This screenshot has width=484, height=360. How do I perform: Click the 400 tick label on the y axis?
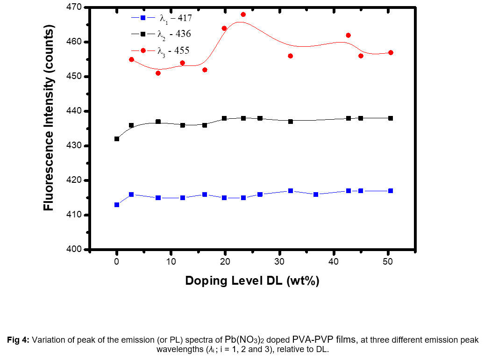click(75, 250)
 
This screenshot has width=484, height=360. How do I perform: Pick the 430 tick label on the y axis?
click(75, 146)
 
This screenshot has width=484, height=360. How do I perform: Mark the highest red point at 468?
click(243, 14)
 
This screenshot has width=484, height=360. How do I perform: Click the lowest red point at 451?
click(158, 73)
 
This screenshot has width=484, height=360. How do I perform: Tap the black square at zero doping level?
click(117, 139)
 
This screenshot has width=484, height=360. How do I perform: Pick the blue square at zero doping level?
click(117, 205)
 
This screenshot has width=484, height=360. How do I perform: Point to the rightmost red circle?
click(391, 52)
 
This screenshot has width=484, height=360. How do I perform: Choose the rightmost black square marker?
click(391, 118)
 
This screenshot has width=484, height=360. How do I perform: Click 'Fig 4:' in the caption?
click(18, 340)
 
